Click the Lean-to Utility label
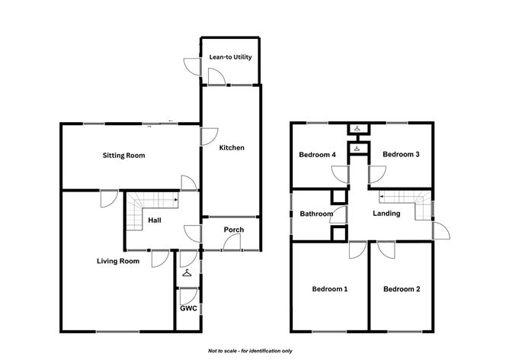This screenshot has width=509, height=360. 230,57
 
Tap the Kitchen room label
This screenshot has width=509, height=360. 232,148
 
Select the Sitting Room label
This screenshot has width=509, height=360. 123,156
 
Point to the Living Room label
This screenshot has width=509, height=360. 118,261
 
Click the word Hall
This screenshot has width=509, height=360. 155,220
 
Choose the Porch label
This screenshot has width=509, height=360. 234,230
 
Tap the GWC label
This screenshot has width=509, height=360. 189,308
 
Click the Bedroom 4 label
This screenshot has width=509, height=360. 317,155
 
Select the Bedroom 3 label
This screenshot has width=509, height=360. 401,154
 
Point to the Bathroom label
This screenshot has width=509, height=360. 316,214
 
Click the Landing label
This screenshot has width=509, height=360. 386,214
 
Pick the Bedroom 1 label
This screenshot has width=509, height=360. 330,289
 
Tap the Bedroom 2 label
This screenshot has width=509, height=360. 402,289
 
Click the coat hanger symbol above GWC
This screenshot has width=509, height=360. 187,273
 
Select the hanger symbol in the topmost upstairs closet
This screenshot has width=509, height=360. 357,128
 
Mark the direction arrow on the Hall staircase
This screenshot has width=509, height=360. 176,200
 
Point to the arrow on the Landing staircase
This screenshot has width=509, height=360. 382,197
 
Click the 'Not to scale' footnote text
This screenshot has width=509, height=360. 250,351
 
